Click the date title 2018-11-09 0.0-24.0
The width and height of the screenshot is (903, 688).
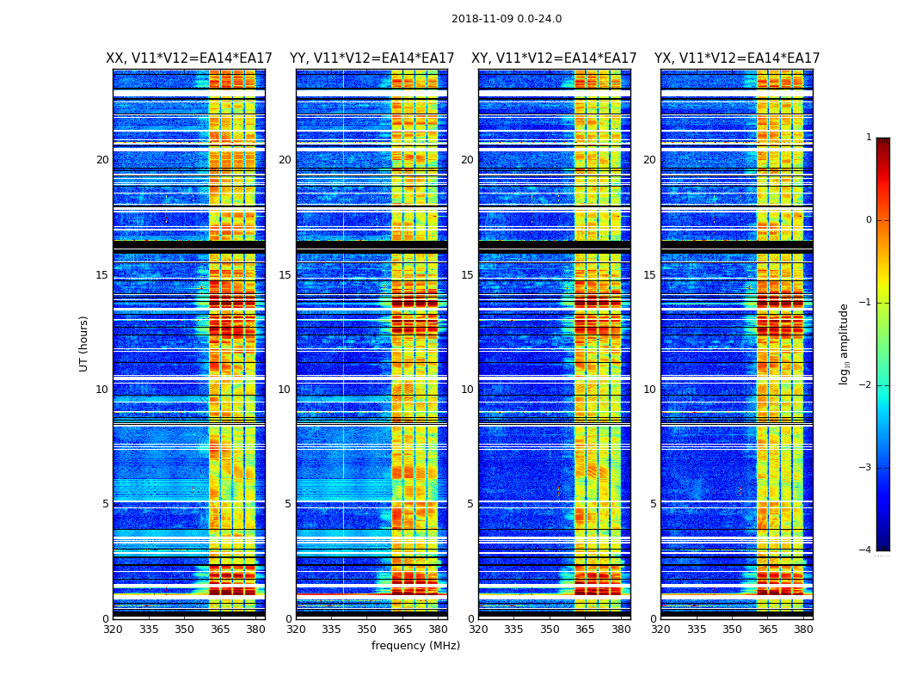[507, 19]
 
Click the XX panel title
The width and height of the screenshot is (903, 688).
[189, 58]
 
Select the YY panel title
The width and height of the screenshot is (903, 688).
[372, 58]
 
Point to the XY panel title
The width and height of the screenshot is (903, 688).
[554, 58]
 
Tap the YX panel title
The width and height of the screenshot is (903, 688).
[737, 58]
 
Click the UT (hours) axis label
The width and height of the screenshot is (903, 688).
[83, 343]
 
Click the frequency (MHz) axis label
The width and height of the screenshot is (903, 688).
[415, 646]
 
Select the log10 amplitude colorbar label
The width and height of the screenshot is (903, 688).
[844, 343]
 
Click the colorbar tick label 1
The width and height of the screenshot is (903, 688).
[868, 138]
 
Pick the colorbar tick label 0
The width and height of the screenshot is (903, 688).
[868, 220]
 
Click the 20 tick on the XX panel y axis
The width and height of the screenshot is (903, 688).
[102, 160]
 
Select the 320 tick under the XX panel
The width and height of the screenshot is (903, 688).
[113, 630]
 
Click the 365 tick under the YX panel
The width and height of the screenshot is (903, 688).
[768, 630]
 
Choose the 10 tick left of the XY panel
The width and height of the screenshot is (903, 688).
[467, 390]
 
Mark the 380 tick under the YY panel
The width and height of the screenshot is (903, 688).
[438, 630]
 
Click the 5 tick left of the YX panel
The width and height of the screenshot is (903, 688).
[653, 504]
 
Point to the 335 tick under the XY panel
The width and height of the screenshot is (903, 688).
[513, 630]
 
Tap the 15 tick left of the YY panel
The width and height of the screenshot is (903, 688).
[284, 275]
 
